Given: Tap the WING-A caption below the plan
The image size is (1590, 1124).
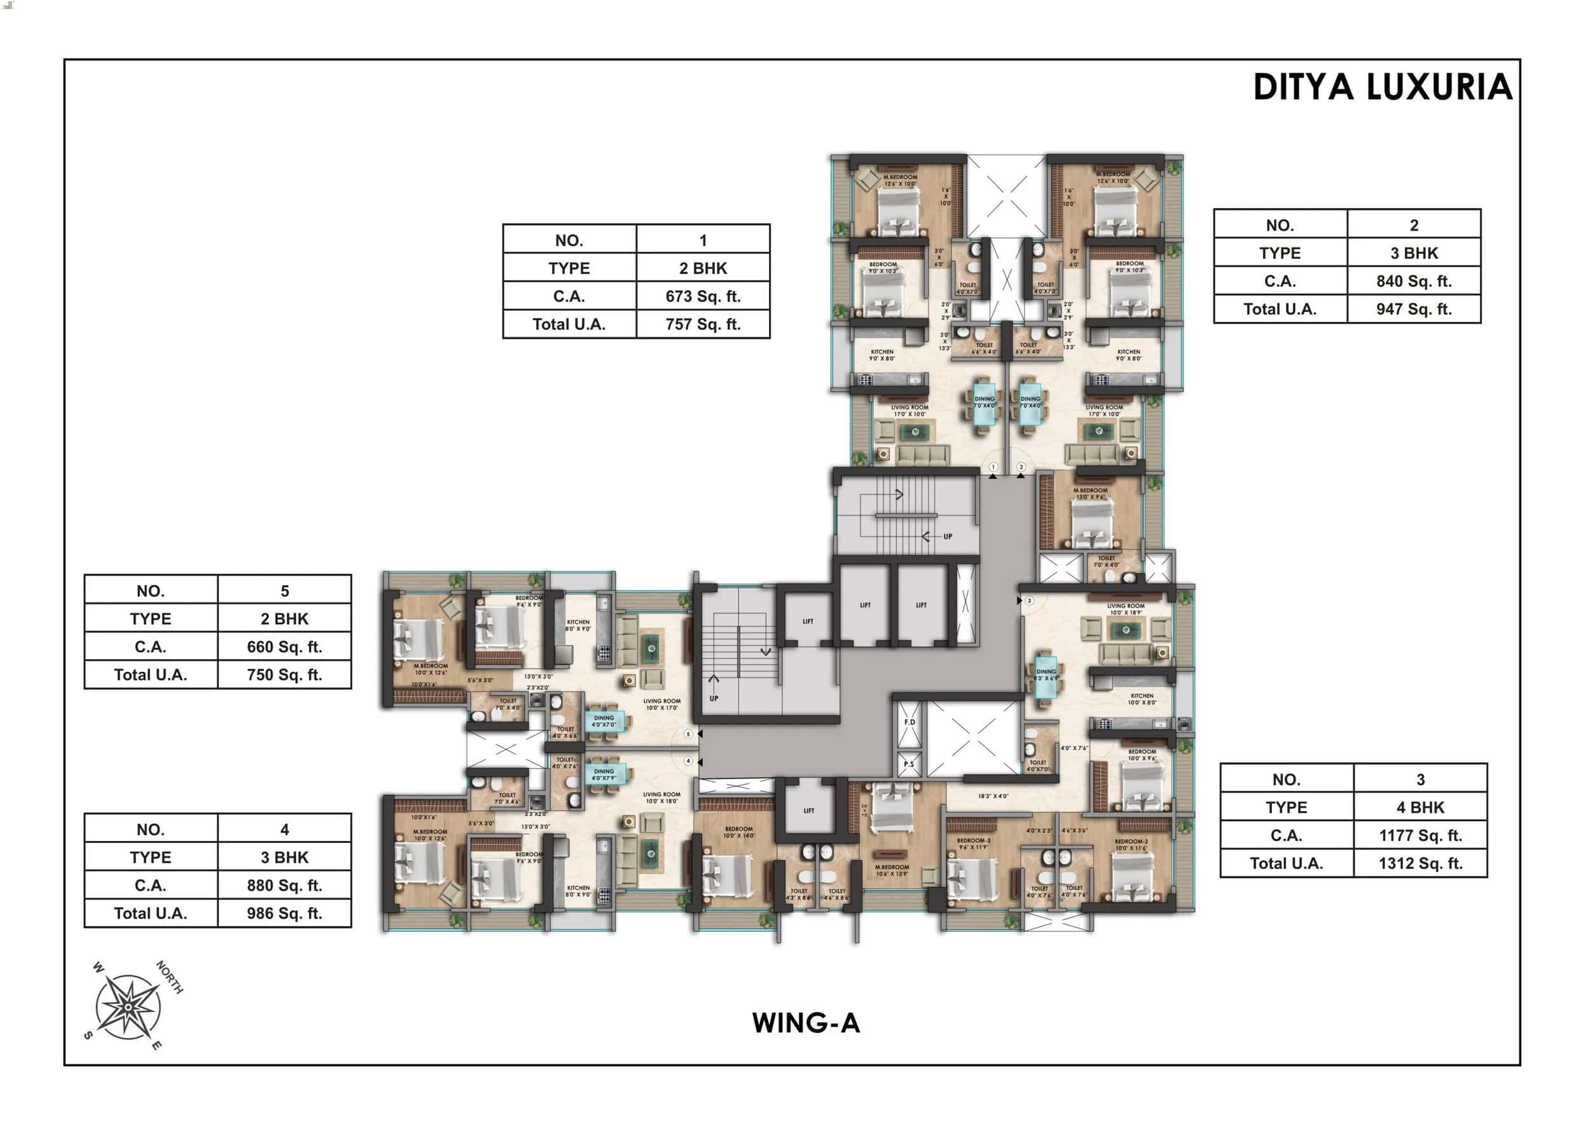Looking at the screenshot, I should coord(805,1023).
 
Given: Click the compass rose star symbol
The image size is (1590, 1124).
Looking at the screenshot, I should coord(128,1006).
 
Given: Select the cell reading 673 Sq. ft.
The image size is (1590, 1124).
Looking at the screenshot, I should coord(702,296).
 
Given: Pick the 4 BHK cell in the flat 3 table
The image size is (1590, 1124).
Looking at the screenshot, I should coord(1420,807).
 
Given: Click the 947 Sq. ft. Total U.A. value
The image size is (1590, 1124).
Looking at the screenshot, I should coord(1413,310).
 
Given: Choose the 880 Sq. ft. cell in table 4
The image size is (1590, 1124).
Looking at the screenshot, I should coord(284,885).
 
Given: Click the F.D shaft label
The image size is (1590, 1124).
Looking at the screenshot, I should coord(909,721).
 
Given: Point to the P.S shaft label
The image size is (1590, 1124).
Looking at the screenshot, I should coord(909,765).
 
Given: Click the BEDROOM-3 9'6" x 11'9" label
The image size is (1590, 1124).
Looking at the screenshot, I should coord(974,843).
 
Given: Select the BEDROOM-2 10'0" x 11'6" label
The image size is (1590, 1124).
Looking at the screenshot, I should coord(1131,845).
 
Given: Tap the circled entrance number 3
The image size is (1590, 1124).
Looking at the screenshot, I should coord(1029,600).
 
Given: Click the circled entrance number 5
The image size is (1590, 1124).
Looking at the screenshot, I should coord(688,733).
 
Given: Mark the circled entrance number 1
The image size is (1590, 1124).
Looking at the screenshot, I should coord(993,468).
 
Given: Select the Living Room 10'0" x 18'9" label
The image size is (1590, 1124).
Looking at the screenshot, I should coord(1125,609).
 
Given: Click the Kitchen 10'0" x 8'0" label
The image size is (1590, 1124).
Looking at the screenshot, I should coord(1141,699).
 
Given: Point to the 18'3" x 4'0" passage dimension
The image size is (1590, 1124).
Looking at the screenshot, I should coord(993,796).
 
